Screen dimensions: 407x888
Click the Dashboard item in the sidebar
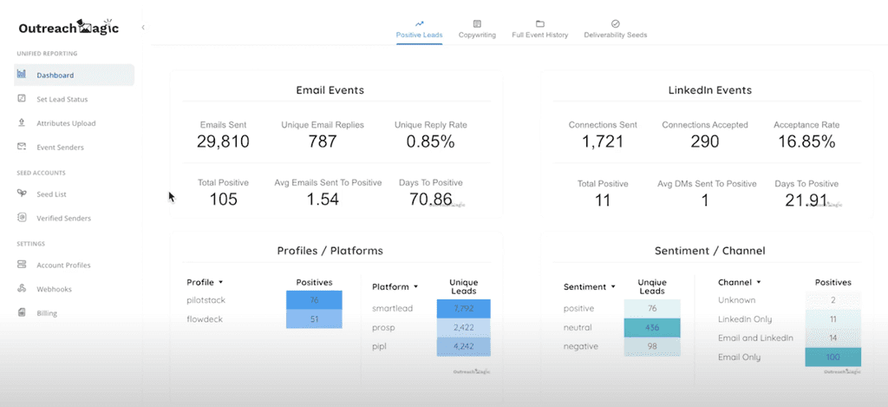click(x=55, y=75)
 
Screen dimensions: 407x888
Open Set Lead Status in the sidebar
click(x=62, y=100)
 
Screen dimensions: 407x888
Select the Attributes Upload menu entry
click(x=66, y=123)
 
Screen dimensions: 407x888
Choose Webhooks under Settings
click(x=54, y=289)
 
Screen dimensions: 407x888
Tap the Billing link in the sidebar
click(x=47, y=312)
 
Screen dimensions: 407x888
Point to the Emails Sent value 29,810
click(x=225, y=141)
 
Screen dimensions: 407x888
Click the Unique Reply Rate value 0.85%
click(x=430, y=141)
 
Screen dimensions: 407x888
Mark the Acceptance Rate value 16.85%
click(x=806, y=141)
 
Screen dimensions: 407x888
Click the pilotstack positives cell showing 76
click(x=314, y=300)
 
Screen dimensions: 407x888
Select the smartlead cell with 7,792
click(x=463, y=308)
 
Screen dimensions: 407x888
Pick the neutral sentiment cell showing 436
click(x=652, y=328)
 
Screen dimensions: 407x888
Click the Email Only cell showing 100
click(x=832, y=357)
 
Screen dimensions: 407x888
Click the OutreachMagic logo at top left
click(x=69, y=28)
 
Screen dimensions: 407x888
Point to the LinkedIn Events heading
click(x=709, y=90)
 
